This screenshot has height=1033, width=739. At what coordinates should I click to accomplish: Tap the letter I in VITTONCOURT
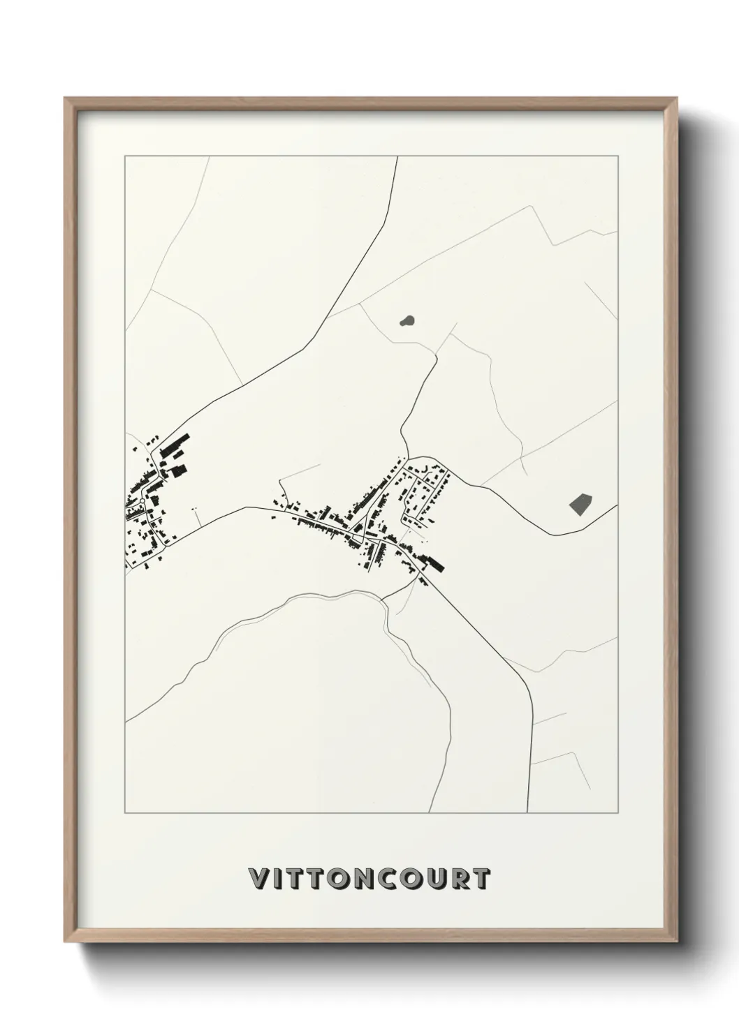[278, 879]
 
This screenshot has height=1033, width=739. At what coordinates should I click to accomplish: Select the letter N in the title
[360, 879]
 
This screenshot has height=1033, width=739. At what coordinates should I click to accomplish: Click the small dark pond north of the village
[406, 321]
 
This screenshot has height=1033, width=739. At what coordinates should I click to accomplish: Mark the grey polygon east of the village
[580, 503]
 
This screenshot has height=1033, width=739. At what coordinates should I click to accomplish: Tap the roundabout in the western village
[142, 501]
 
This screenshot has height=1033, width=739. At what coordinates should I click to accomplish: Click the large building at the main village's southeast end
[433, 562]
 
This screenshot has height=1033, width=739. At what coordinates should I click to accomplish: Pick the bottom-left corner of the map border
[125, 813]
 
